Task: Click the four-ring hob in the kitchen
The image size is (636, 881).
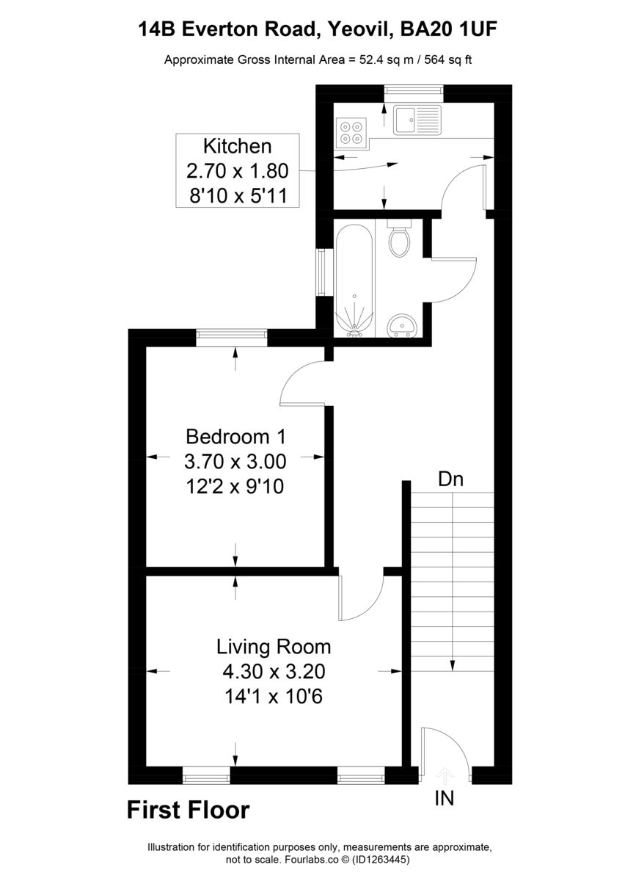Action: [351, 131]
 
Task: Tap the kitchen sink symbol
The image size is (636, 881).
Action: [417, 120]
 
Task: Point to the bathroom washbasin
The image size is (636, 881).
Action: [401, 324]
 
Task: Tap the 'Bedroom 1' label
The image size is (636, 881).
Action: [235, 437]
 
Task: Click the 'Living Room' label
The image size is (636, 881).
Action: [274, 648]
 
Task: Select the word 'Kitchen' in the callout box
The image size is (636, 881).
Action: [237, 145]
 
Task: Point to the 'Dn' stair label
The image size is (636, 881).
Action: [450, 480]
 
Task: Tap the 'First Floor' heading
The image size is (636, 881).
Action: [189, 811]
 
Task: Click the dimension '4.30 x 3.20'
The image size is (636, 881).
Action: [274, 672]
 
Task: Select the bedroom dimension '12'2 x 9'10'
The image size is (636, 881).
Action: [235, 486]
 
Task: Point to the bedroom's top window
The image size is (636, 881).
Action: [232, 337]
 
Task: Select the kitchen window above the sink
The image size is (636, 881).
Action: [414, 90]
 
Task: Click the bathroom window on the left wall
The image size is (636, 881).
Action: [321, 272]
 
